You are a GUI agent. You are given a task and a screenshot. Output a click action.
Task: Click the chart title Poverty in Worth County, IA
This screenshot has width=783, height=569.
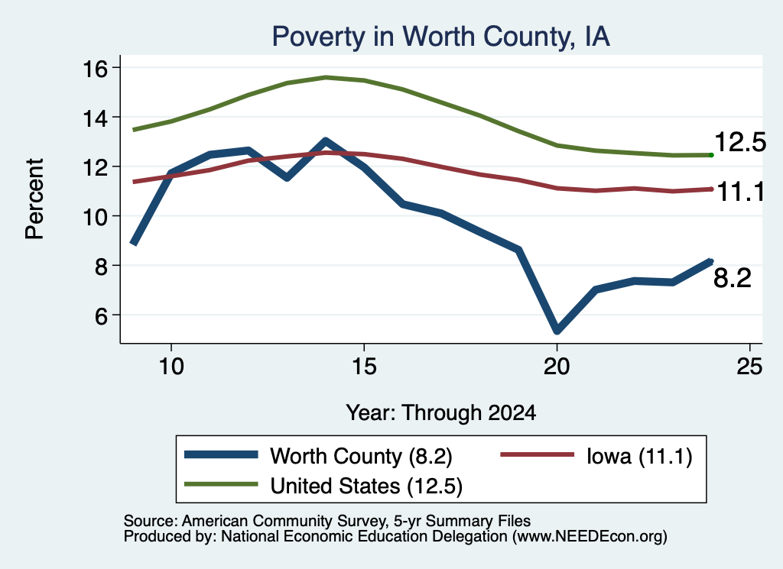point(441,37)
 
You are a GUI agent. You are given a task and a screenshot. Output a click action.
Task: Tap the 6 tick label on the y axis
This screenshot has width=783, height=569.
point(101,315)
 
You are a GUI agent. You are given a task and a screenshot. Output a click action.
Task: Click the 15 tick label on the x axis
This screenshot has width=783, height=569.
point(364,367)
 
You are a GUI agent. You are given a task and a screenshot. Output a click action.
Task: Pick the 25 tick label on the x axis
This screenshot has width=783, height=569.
point(749,367)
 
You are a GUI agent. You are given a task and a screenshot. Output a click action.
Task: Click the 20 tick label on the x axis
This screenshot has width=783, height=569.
point(557,367)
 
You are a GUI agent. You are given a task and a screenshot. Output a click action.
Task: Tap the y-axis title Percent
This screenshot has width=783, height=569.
point(34,199)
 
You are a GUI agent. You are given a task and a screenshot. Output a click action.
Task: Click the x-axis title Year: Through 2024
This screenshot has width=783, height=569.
point(441,413)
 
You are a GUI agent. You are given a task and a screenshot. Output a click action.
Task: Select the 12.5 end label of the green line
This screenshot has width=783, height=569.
point(740,142)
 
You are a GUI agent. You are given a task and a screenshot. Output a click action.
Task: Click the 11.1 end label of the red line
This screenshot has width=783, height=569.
point(740,192)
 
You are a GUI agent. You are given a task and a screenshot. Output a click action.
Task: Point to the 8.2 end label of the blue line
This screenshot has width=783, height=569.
point(732,278)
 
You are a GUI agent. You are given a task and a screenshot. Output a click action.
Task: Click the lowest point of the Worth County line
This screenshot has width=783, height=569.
point(557,330)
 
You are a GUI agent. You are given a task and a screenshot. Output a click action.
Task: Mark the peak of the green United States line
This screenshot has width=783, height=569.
point(326,77)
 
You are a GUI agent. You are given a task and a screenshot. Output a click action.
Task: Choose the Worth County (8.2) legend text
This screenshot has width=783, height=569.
point(361,456)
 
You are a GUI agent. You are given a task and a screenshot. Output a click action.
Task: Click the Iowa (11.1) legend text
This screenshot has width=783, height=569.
point(639,456)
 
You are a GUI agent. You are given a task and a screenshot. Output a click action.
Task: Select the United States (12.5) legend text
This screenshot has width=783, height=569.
point(366,487)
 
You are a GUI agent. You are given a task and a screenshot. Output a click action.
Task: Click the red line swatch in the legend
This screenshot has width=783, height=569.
point(537,454)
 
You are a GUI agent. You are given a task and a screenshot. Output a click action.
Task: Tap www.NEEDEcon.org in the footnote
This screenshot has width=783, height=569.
point(590,537)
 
